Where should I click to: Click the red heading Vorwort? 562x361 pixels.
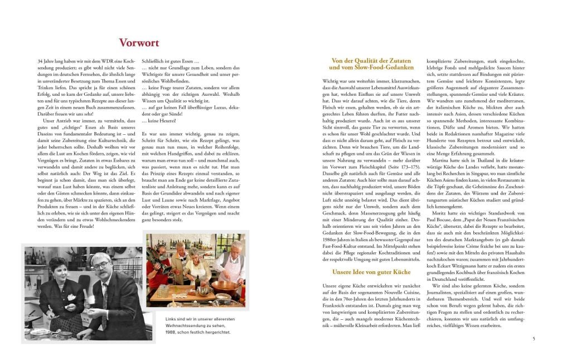click(139, 43)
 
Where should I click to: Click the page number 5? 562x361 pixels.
click(534, 338)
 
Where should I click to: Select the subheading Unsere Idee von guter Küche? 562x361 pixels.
click(371, 272)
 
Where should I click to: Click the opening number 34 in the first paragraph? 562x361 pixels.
click(39, 60)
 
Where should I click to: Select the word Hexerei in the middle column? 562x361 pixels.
click(162, 120)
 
